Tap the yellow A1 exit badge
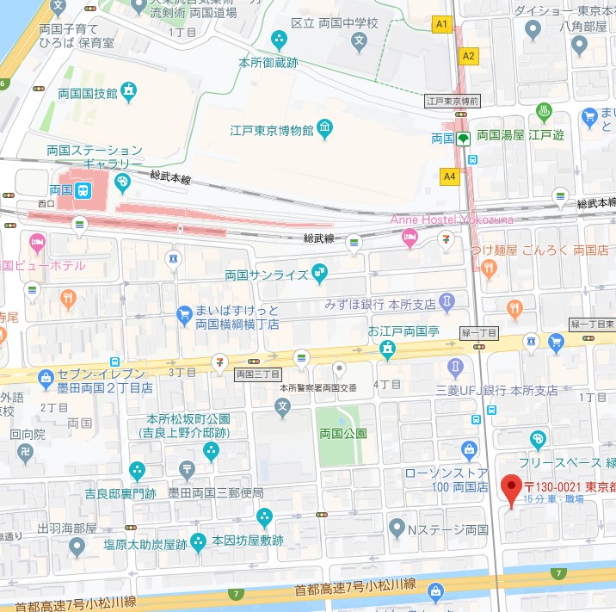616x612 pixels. [443, 25]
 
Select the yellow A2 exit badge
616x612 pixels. [468, 56]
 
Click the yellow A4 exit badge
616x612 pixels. [449, 176]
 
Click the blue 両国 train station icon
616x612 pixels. [83, 189]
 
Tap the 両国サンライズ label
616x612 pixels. [266, 276]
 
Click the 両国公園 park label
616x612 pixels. [342, 433]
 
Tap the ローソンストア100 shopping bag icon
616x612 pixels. [469, 448]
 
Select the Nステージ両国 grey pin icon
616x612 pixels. [396, 527]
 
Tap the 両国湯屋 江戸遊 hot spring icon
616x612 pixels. [544, 112]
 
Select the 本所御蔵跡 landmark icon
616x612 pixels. [280, 40]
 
